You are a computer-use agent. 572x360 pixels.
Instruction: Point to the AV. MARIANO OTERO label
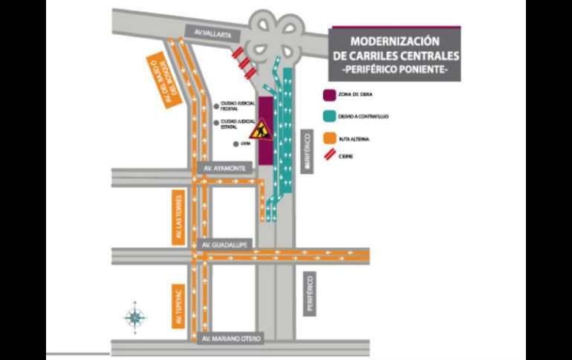coord(232,338)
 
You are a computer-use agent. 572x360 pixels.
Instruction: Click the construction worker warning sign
coord(259,130)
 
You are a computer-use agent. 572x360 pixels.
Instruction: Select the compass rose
coord(134,318)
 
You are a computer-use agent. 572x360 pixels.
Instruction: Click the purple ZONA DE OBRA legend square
coord(329,95)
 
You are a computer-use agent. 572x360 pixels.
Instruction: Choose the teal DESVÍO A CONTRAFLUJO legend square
coord(329,116)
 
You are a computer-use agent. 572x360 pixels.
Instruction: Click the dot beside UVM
coord(235,144)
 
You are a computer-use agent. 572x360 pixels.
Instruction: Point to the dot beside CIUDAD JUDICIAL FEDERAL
coord(216,105)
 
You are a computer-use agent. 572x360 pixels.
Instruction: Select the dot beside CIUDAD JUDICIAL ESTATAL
coord(216,122)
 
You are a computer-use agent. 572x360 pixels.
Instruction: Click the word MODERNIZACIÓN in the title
coord(394,42)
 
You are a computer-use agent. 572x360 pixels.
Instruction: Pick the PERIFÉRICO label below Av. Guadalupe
coord(309,293)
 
